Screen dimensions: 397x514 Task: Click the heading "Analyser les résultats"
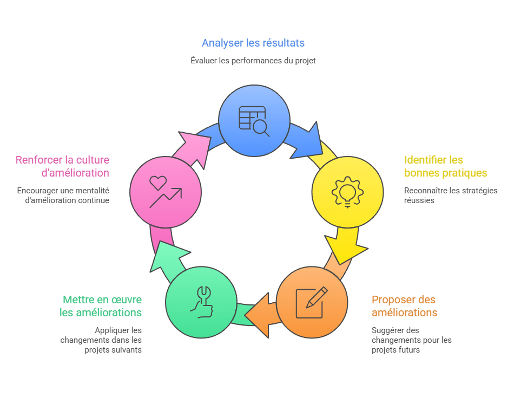click(253, 43)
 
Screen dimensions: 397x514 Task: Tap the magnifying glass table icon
click(254, 120)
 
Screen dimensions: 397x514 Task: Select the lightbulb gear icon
click(347, 192)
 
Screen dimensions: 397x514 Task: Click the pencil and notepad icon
click(312, 302)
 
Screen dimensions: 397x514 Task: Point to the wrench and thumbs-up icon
click(201, 302)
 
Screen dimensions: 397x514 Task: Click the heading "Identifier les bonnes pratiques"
click(445, 166)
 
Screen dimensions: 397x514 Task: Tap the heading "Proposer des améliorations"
click(404, 306)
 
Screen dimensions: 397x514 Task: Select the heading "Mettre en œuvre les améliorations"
click(101, 306)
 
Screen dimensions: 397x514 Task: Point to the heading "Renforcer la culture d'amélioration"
click(62, 166)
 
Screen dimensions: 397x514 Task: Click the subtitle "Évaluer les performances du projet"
click(253, 61)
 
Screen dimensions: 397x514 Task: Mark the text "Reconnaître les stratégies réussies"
click(450, 195)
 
